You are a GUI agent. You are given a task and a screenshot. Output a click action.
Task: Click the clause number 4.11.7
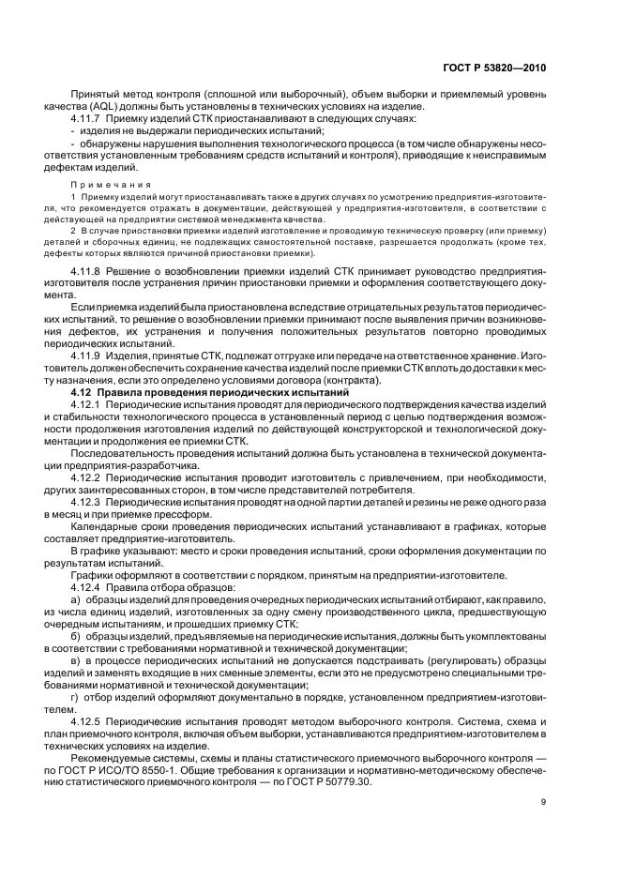coord(88,119)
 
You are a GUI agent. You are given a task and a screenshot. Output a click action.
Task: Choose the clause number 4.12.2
coord(88,477)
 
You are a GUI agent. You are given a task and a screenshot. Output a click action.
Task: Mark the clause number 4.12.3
coord(88,503)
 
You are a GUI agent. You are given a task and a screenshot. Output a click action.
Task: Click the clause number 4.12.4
coord(88,587)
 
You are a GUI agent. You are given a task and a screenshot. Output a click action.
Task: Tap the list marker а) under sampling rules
coord(76,599)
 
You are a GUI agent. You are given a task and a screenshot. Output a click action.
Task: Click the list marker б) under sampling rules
coord(76,636)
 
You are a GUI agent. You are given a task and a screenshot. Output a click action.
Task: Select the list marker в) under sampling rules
coord(76,660)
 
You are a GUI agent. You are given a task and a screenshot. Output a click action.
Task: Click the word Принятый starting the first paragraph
coord(97,96)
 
